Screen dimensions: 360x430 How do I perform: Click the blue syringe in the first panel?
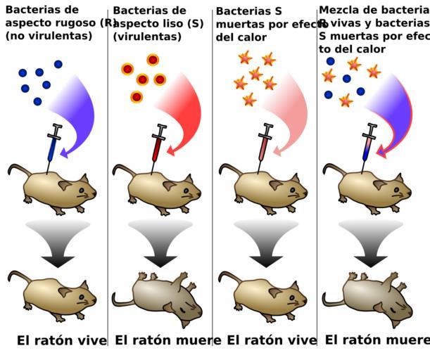click(x=53, y=143)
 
